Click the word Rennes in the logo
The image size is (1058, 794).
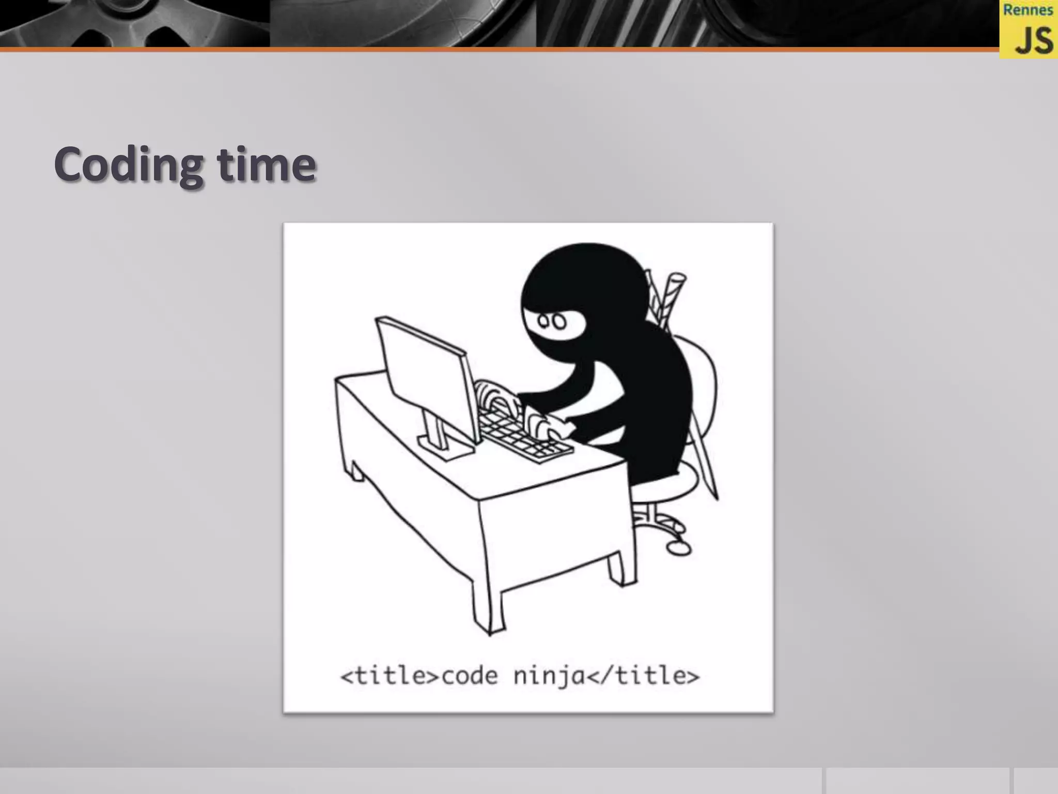(x=1028, y=10)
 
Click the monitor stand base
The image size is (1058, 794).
(x=445, y=448)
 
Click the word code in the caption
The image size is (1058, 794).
(x=470, y=676)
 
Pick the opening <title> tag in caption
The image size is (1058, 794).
(x=390, y=676)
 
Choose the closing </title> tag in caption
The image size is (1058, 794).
(x=643, y=676)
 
